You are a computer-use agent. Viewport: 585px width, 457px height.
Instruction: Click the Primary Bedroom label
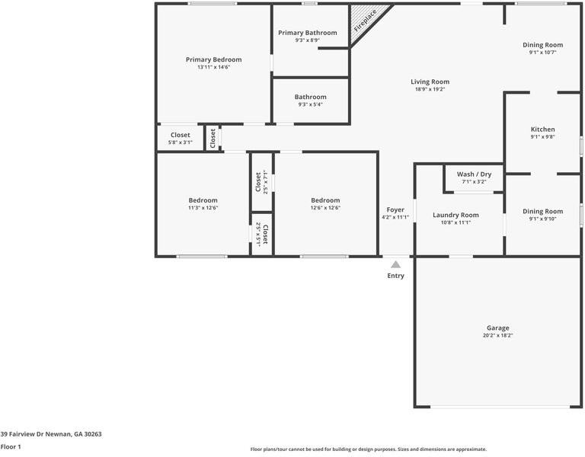click(213, 59)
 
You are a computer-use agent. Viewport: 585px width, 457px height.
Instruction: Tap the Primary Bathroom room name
click(307, 33)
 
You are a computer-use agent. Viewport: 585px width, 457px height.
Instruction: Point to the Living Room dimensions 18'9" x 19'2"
click(430, 89)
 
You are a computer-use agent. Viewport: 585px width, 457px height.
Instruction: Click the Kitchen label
click(542, 129)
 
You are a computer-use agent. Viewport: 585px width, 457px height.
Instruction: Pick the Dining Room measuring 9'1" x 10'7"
click(542, 45)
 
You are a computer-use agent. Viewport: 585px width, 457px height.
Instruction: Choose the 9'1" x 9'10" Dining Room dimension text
click(542, 219)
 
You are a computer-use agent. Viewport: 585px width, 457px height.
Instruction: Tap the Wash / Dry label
click(474, 174)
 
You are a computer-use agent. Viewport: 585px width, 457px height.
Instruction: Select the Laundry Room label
click(456, 215)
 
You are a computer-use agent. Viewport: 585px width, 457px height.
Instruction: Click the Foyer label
click(395, 209)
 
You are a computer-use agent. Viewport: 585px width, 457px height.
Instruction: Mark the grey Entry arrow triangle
click(395, 265)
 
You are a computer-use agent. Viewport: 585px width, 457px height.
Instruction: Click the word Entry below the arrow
click(395, 276)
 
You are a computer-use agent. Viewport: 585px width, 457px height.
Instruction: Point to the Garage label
click(498, 328)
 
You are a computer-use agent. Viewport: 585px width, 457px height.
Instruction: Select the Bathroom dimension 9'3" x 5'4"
click(310, 104)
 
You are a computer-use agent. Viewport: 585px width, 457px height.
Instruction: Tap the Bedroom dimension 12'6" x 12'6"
click(325, 207)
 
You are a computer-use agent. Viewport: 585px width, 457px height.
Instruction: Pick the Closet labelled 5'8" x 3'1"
click(181, 135)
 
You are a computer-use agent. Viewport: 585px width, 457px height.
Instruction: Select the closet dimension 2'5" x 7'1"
click(265, 182)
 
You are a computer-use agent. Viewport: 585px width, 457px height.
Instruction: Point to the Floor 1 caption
click(11, 447)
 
